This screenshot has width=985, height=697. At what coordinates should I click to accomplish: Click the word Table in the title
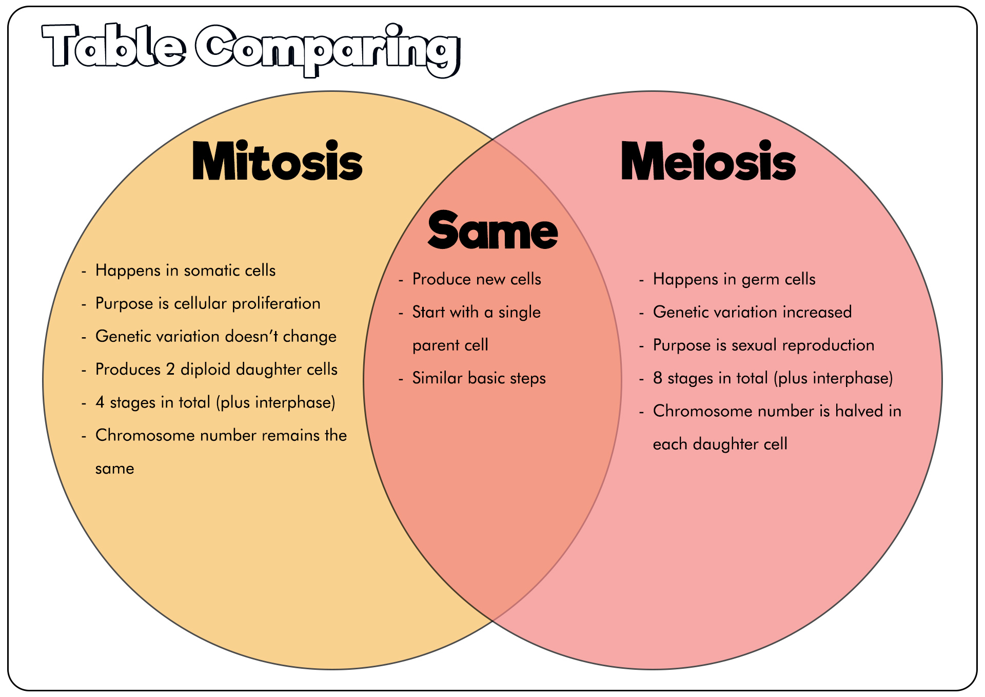114,46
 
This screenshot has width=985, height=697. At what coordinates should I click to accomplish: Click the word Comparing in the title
328,50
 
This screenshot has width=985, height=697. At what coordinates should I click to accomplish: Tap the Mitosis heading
278,161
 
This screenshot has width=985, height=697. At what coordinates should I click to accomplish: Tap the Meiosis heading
708,161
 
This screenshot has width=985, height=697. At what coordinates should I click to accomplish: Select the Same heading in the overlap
493,230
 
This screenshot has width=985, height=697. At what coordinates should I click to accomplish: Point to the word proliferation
276,304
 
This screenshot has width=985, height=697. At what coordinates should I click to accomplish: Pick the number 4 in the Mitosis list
100,402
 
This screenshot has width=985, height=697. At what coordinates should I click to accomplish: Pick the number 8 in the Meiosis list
658,378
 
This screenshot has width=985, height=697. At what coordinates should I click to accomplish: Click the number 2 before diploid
170,370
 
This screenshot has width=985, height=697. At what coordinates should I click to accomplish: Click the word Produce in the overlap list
442,279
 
